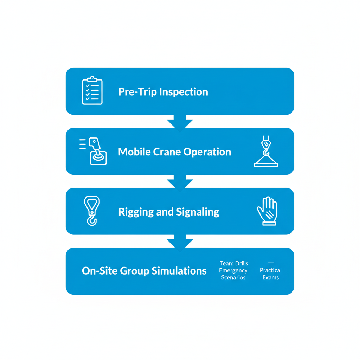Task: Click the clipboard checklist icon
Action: point(92,91)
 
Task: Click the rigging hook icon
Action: point(92,211)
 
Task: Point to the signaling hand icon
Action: point(267,211)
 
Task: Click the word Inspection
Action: point(184,92)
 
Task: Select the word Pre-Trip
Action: point(137,92)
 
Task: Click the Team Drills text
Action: point(234,263)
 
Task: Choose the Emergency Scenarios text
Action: point(233,274)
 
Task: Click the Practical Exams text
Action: point(270,274)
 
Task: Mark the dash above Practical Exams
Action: point(270,263)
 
